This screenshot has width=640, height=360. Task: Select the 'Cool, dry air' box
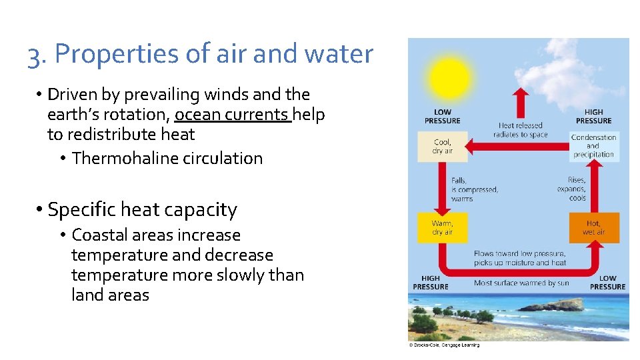point(442,146)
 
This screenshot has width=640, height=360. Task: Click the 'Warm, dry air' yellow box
point(442,227)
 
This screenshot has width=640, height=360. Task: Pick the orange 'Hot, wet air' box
point(593,227)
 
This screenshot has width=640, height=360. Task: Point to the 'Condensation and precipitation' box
point(593,146)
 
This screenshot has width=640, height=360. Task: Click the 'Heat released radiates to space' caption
point(520,129)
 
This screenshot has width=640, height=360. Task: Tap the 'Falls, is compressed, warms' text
point(474,189)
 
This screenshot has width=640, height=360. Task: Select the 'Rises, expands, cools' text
point(571,189)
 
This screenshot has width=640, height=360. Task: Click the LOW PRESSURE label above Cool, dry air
point(442,117)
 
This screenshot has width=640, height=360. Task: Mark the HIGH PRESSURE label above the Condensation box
point(593,117)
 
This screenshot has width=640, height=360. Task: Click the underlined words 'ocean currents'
point(233,115)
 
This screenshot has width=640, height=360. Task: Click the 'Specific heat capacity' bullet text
point(142,210)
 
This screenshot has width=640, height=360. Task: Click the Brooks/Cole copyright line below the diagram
point(443,345)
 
